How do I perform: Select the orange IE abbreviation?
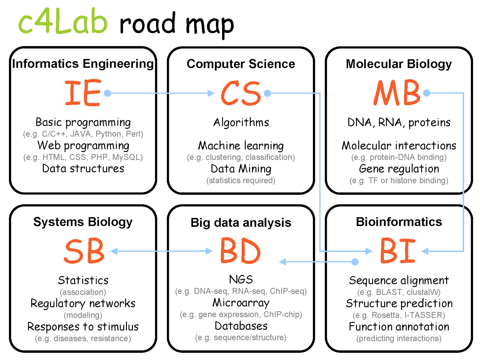[x=83, y=93]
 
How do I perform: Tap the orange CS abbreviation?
[x=241, y=93]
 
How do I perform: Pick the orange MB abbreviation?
[x=397, y=93]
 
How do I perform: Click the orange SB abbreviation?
[x=84, y=251]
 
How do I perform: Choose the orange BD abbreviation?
[x=240, y=251]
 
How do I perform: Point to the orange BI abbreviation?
[x=398, y=251]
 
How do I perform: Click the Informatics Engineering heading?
[x=83, y=64]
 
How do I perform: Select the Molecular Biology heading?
[x=399, y=64]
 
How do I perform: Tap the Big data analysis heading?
[x=241, y=223]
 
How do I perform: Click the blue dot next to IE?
[x=107, y=93]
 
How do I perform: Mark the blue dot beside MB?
[x=427, y=93]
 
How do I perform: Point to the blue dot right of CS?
[x=267, y=93]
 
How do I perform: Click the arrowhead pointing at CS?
[x=211, y=93]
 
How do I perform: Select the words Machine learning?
[x=241, y=146]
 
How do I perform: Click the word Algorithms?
[x=241, y=122]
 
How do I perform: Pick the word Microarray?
[x=241, y=303]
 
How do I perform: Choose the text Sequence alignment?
[x=399, y=280]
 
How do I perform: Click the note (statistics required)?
[x=241, y=180]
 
